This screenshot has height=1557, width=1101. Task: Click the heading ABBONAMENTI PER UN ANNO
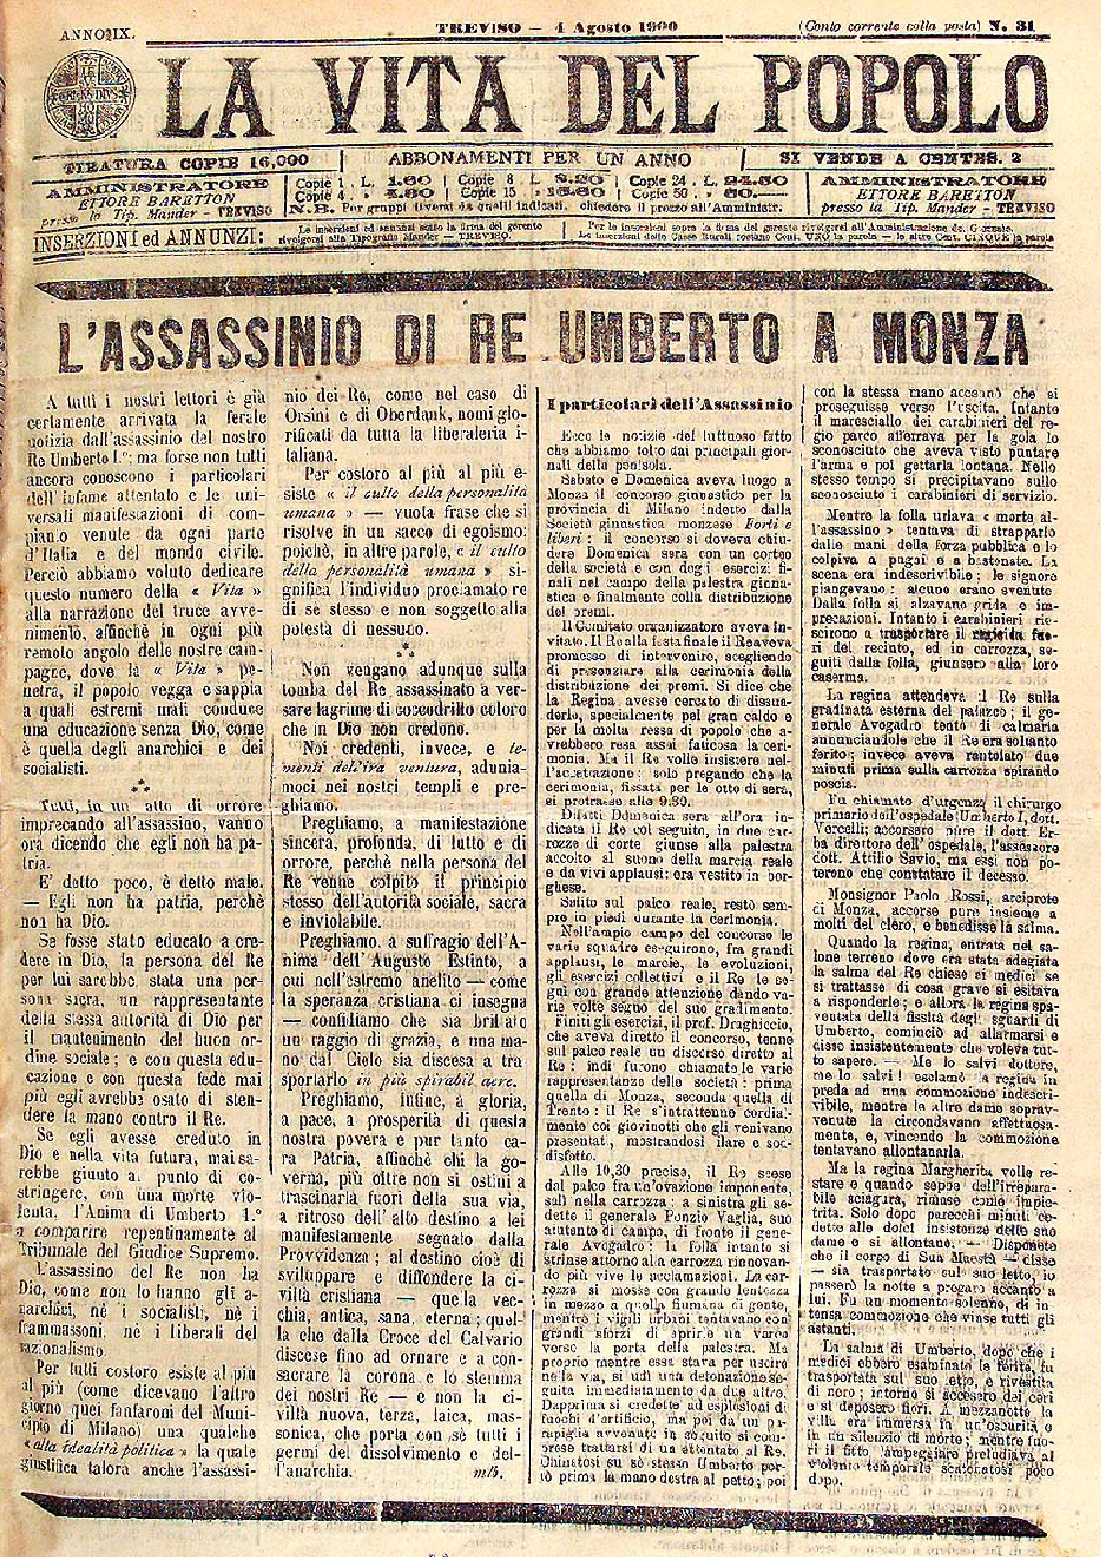tap(541, 159)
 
